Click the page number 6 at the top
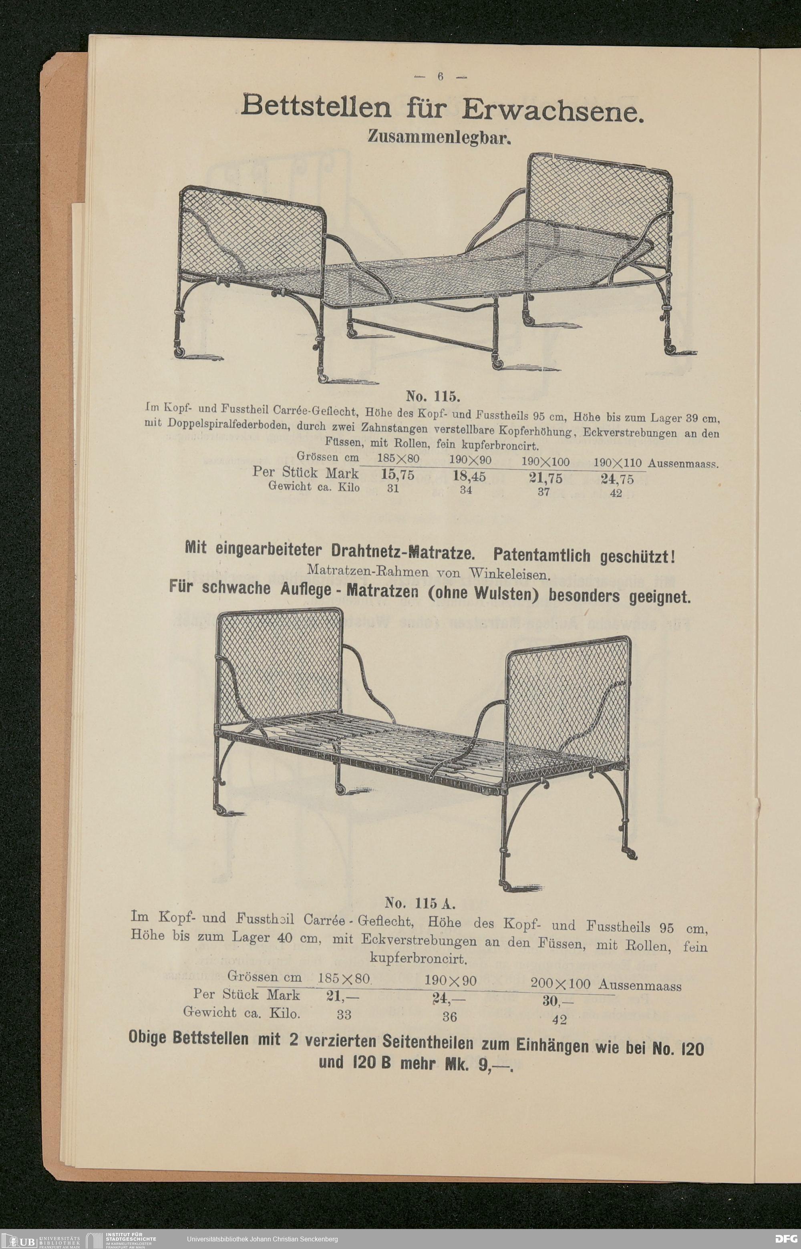tap(440, 76)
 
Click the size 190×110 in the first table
tap(618, 462)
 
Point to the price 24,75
tap(618, 479)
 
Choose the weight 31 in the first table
tap(393, 488)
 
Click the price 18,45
tap(469, 476)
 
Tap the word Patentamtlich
tap(541, 555)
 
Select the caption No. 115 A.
tap(420, 902)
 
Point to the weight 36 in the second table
tap(449, 1016)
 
